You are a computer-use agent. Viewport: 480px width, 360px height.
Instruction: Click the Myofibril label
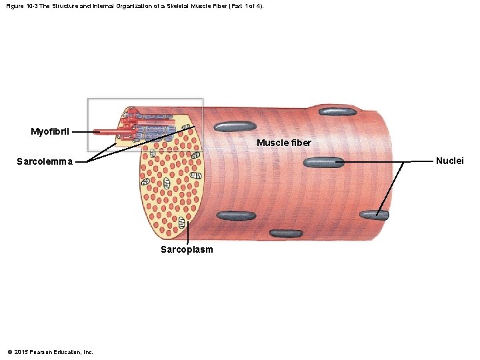click(50, 131)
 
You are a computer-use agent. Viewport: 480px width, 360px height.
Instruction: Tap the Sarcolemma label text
click(45, 161)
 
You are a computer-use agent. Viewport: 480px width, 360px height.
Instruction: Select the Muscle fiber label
click(284, 143)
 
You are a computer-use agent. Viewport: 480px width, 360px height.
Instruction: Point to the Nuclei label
click(449, 161)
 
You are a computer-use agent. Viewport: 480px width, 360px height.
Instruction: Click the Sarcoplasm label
click(187, 249)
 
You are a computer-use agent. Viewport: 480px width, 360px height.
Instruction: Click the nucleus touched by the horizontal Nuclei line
click(324, 162)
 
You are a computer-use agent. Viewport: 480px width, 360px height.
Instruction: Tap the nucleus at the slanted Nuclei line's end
click(374, 215)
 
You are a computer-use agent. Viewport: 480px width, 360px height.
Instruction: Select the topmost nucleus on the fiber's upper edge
click(341, 111)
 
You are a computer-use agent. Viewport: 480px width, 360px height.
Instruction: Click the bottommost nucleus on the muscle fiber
click(286, 233)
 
